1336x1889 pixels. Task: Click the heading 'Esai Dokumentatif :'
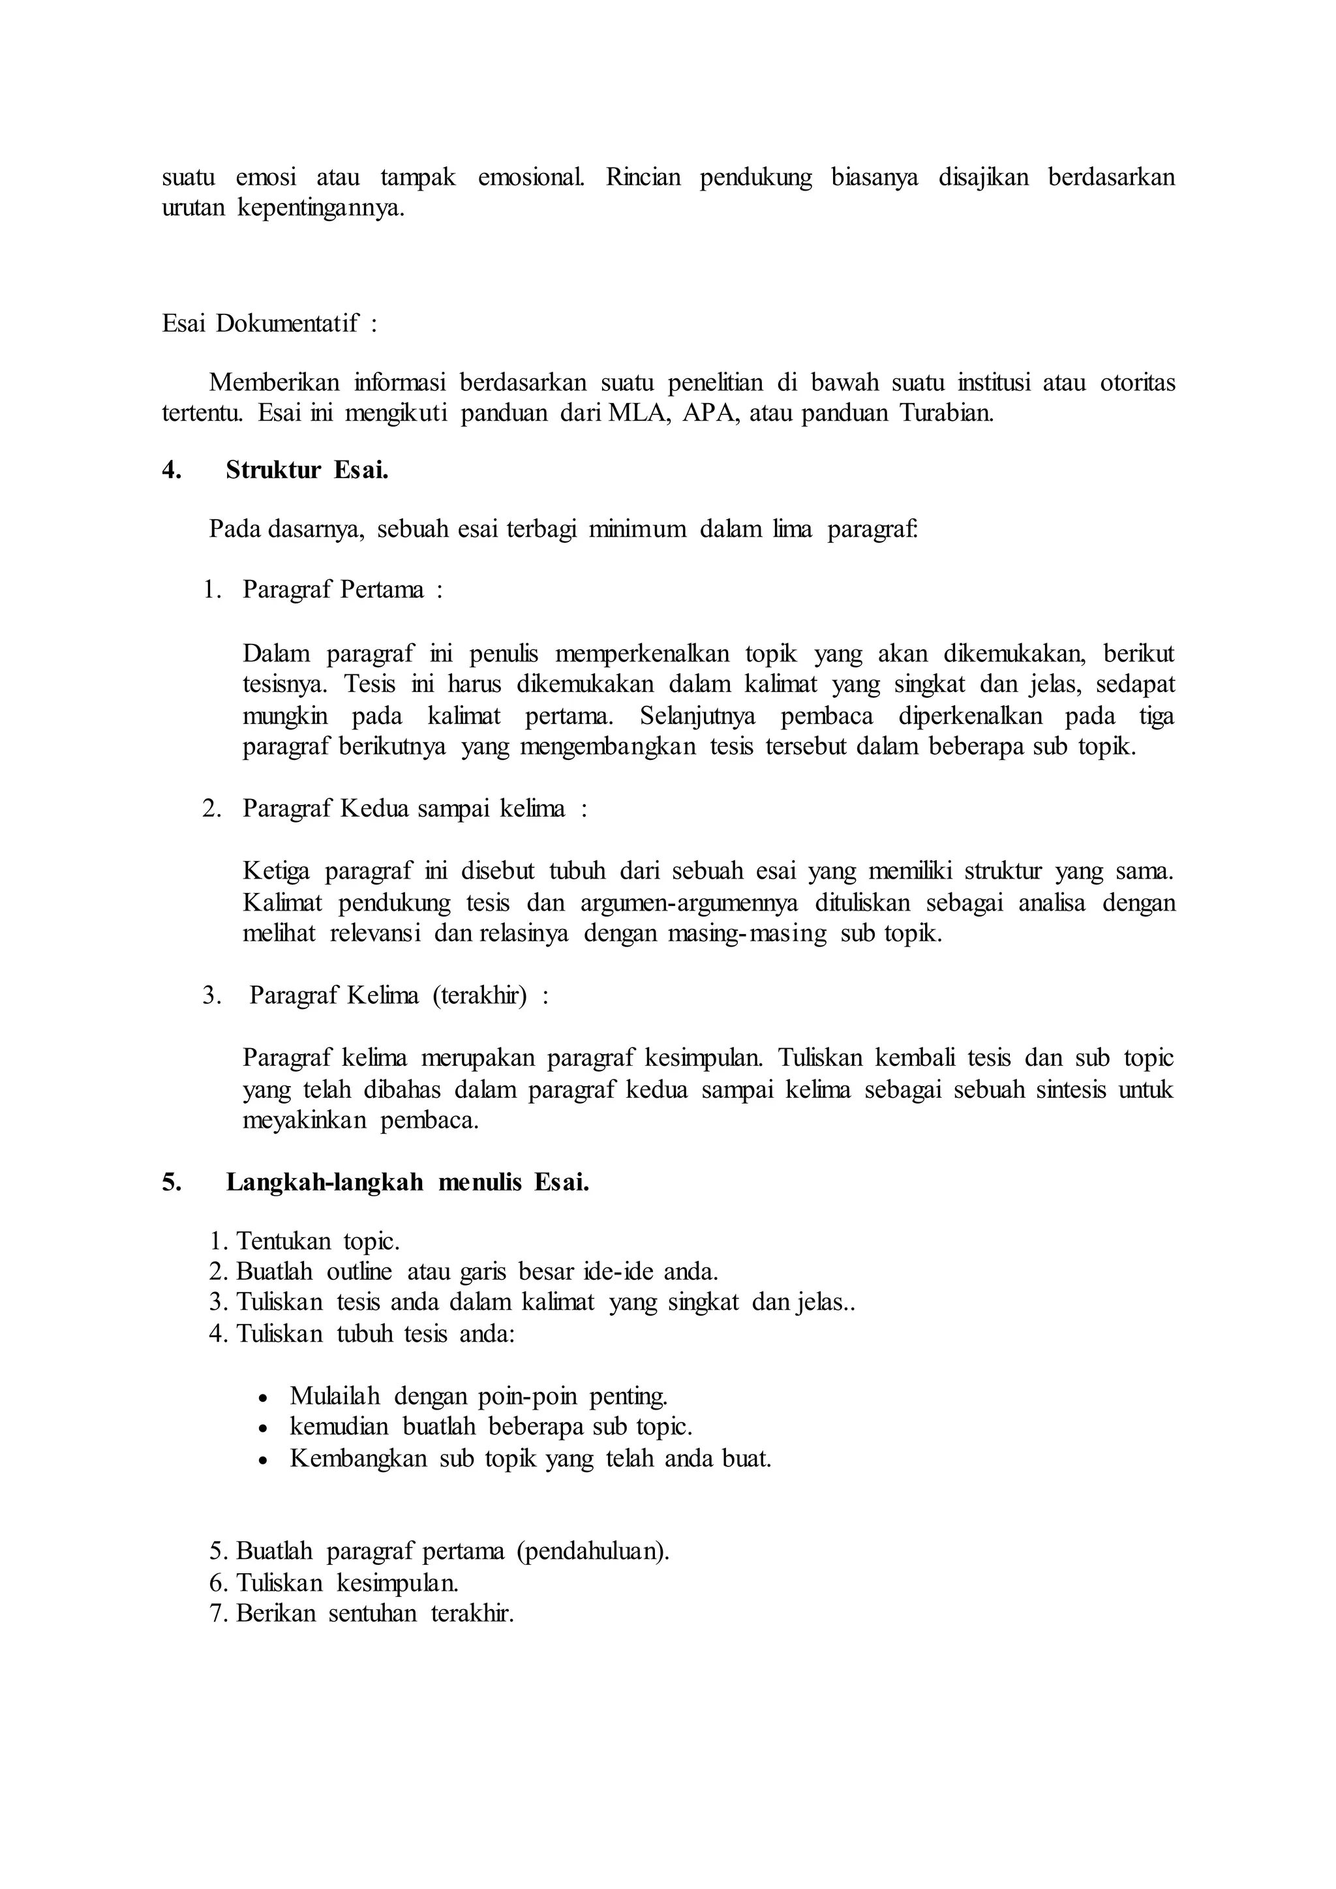point(269,324)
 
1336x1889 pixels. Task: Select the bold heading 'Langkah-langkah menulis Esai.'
point(407,1183)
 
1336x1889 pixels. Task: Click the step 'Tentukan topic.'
point(317,1241)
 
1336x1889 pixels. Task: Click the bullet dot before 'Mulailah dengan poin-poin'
point(262,1398)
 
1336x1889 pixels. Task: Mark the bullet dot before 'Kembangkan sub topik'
point(262,1460)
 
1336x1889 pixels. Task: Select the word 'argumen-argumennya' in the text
point(689,903)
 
